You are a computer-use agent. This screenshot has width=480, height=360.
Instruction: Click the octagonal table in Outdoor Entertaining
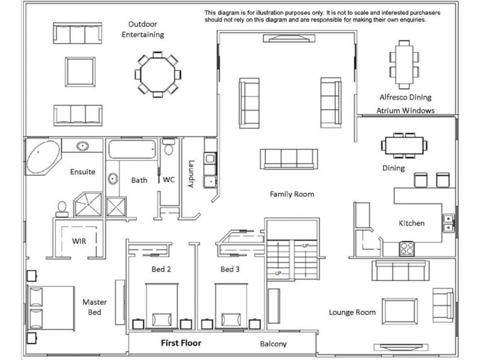[x=158, y=74]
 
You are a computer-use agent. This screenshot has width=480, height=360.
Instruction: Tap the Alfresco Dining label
[x=406, y=97]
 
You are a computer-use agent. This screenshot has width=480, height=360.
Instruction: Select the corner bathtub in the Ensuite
[x=43, y=157]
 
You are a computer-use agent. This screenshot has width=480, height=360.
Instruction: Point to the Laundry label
[x=191, y=173]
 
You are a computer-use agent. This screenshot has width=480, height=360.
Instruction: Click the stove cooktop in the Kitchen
[x=407, y=248]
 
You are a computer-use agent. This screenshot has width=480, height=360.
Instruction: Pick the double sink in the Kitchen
[x=448, y=223]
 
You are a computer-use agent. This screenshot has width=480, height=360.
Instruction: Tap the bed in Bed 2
[x=161, y=306]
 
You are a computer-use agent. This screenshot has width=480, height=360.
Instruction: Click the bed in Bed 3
[x=231, y=306]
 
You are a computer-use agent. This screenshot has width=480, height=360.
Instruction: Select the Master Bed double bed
[x=51, y=308]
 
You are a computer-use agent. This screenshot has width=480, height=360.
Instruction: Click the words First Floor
[x=181, y=343]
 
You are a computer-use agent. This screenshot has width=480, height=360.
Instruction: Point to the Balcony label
[x=274, y=344]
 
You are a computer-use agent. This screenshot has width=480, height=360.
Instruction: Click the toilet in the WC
[x=169, y=147]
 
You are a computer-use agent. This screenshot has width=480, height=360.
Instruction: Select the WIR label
[x=79, y=241]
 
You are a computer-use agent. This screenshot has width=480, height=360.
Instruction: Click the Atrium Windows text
[x=406, y=110]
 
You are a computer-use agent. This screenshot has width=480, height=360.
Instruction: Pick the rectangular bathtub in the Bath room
[x=132, y=149]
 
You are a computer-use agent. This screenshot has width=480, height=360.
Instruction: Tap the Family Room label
[x=292, y=194]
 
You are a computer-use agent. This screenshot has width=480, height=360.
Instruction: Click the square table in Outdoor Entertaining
[x=80, y=72]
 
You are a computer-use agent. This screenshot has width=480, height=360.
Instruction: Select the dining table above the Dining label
[x=404, y=146]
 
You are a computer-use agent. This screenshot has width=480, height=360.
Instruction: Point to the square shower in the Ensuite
[x=88, y=204]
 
